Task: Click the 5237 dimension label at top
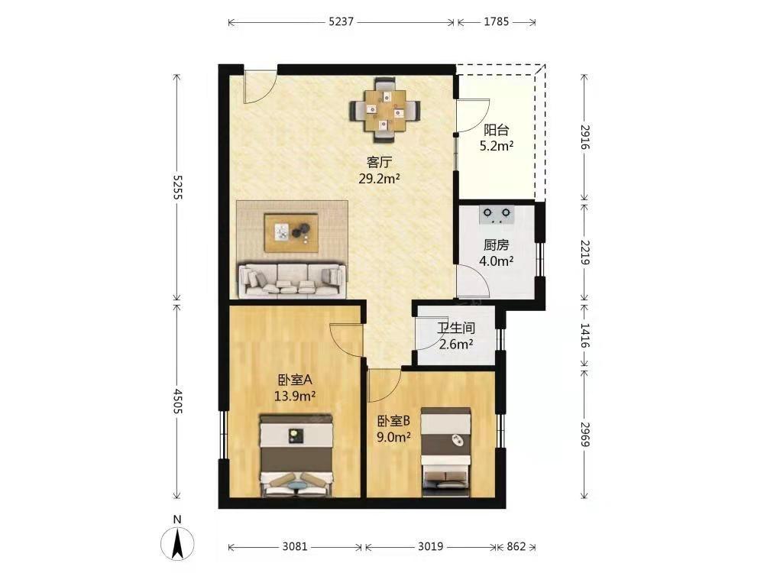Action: [341, 22]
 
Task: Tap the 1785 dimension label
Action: [497, 22]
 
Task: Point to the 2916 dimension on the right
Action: [585, 138]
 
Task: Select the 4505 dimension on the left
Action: [177, 401]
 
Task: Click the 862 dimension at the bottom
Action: [516, 547]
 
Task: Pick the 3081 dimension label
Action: [295, 547]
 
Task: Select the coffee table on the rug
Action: [291, 232]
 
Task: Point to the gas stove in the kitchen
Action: [497, 215]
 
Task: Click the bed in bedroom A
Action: [296, 455]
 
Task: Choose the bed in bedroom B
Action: [446, 452]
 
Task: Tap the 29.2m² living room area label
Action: [379, 179]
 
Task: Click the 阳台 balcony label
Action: [496, 130]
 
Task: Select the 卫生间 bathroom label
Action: [456, 329]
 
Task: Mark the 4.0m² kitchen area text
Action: [496, 261]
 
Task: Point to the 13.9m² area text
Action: [295, 396]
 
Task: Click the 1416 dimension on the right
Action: [585, 335]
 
